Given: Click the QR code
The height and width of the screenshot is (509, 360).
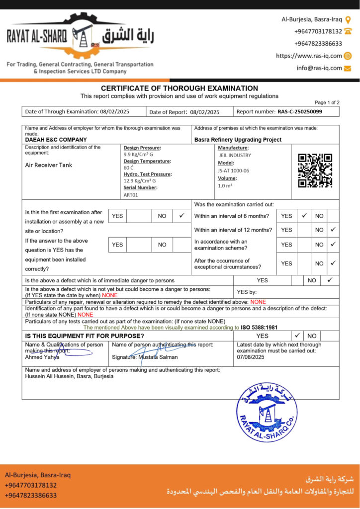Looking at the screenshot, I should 315,170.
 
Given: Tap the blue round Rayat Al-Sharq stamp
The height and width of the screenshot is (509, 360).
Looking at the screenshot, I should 267,412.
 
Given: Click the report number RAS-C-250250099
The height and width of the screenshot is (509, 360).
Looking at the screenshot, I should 300,112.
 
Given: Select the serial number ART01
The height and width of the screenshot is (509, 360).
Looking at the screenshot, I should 131,195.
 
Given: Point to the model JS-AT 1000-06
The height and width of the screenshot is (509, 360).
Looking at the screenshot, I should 234,170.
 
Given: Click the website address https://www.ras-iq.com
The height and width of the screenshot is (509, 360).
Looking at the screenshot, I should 309,56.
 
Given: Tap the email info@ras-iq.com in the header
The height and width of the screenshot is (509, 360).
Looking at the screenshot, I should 319,68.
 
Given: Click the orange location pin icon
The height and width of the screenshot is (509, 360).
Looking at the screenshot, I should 348,20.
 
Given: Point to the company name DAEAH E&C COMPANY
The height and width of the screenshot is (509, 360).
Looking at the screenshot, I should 56,140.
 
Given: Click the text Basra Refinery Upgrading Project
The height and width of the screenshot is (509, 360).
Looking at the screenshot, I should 238,140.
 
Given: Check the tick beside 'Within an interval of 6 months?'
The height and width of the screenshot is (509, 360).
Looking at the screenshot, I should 304,216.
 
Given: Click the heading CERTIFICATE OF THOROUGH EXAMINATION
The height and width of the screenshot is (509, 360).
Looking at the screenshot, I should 180,88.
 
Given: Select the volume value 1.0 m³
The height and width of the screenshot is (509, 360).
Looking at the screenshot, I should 225,185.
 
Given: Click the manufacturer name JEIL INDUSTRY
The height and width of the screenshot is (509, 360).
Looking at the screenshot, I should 235,155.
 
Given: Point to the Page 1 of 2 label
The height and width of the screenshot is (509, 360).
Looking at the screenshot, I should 327,102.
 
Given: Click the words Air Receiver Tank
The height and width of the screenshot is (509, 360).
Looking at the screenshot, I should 49,165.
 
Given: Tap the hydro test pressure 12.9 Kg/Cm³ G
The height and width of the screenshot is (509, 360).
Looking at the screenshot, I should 140,181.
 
